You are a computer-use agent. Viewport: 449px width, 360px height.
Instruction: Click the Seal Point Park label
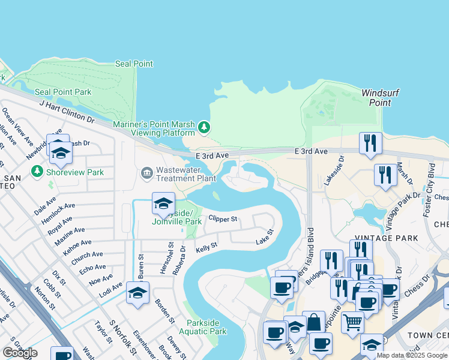click(x=63, y=92)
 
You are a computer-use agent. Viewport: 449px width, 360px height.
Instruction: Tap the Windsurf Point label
click(x=376, y=98)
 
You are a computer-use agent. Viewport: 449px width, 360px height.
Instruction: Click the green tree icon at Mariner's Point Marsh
click(x=205, y=127)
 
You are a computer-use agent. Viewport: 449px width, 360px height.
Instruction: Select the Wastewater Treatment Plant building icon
click(x=146, y=173)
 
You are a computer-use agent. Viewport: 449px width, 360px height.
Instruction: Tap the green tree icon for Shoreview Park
click(x=38, y=172)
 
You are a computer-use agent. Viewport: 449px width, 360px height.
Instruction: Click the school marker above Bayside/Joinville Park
click(x=163, y=203)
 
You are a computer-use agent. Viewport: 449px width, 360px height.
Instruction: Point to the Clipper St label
click(x=223, y=219)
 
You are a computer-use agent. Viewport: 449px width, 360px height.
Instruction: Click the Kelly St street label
click(x=206, y=247)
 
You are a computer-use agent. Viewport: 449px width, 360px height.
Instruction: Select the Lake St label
click(x=264, y=236)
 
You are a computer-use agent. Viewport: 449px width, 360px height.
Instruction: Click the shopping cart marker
click(x=352, y=322)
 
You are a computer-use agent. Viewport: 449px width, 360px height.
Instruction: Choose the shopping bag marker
click(x=313, y=322)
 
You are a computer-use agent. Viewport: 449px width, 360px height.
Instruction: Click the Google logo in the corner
click(x=20, y=353)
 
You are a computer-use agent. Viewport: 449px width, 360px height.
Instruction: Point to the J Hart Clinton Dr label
click(x=67, y=112)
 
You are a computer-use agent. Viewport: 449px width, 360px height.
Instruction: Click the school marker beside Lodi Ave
click(x=137, y=293)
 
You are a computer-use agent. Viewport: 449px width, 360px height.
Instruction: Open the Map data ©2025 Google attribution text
click(x=411, y=355)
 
